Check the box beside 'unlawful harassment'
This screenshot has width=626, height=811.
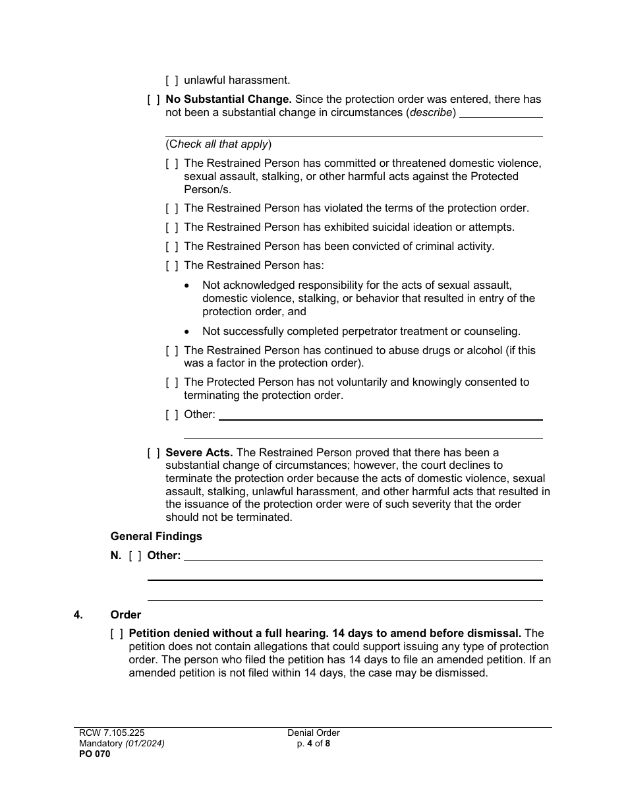coord(172,80)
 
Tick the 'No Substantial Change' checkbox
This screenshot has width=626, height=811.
coord(154,100)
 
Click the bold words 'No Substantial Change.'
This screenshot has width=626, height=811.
coord(229,100)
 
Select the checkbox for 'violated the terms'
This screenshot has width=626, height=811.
coord(172,208)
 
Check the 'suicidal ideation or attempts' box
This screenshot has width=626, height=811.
coord(172,227)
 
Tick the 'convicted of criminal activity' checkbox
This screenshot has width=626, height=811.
coord(172,247)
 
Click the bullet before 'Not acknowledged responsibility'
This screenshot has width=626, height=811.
coord(188,285)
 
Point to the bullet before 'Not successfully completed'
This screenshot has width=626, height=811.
coord(188,332)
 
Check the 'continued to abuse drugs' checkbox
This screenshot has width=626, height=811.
coord(172,351)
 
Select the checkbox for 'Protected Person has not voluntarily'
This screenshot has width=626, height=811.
coord(172,382)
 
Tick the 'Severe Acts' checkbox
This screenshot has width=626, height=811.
coord(154,453)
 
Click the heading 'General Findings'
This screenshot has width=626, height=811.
coord(156,536)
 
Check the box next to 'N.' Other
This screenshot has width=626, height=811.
coord(135,556)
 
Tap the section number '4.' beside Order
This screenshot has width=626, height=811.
coord(78,615)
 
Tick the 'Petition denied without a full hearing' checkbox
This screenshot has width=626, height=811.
coord(117,634)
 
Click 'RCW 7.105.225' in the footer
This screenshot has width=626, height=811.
coord(111,733)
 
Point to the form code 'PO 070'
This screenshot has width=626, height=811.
coord(95,754)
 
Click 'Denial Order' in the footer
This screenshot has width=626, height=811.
coord(313,733)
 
